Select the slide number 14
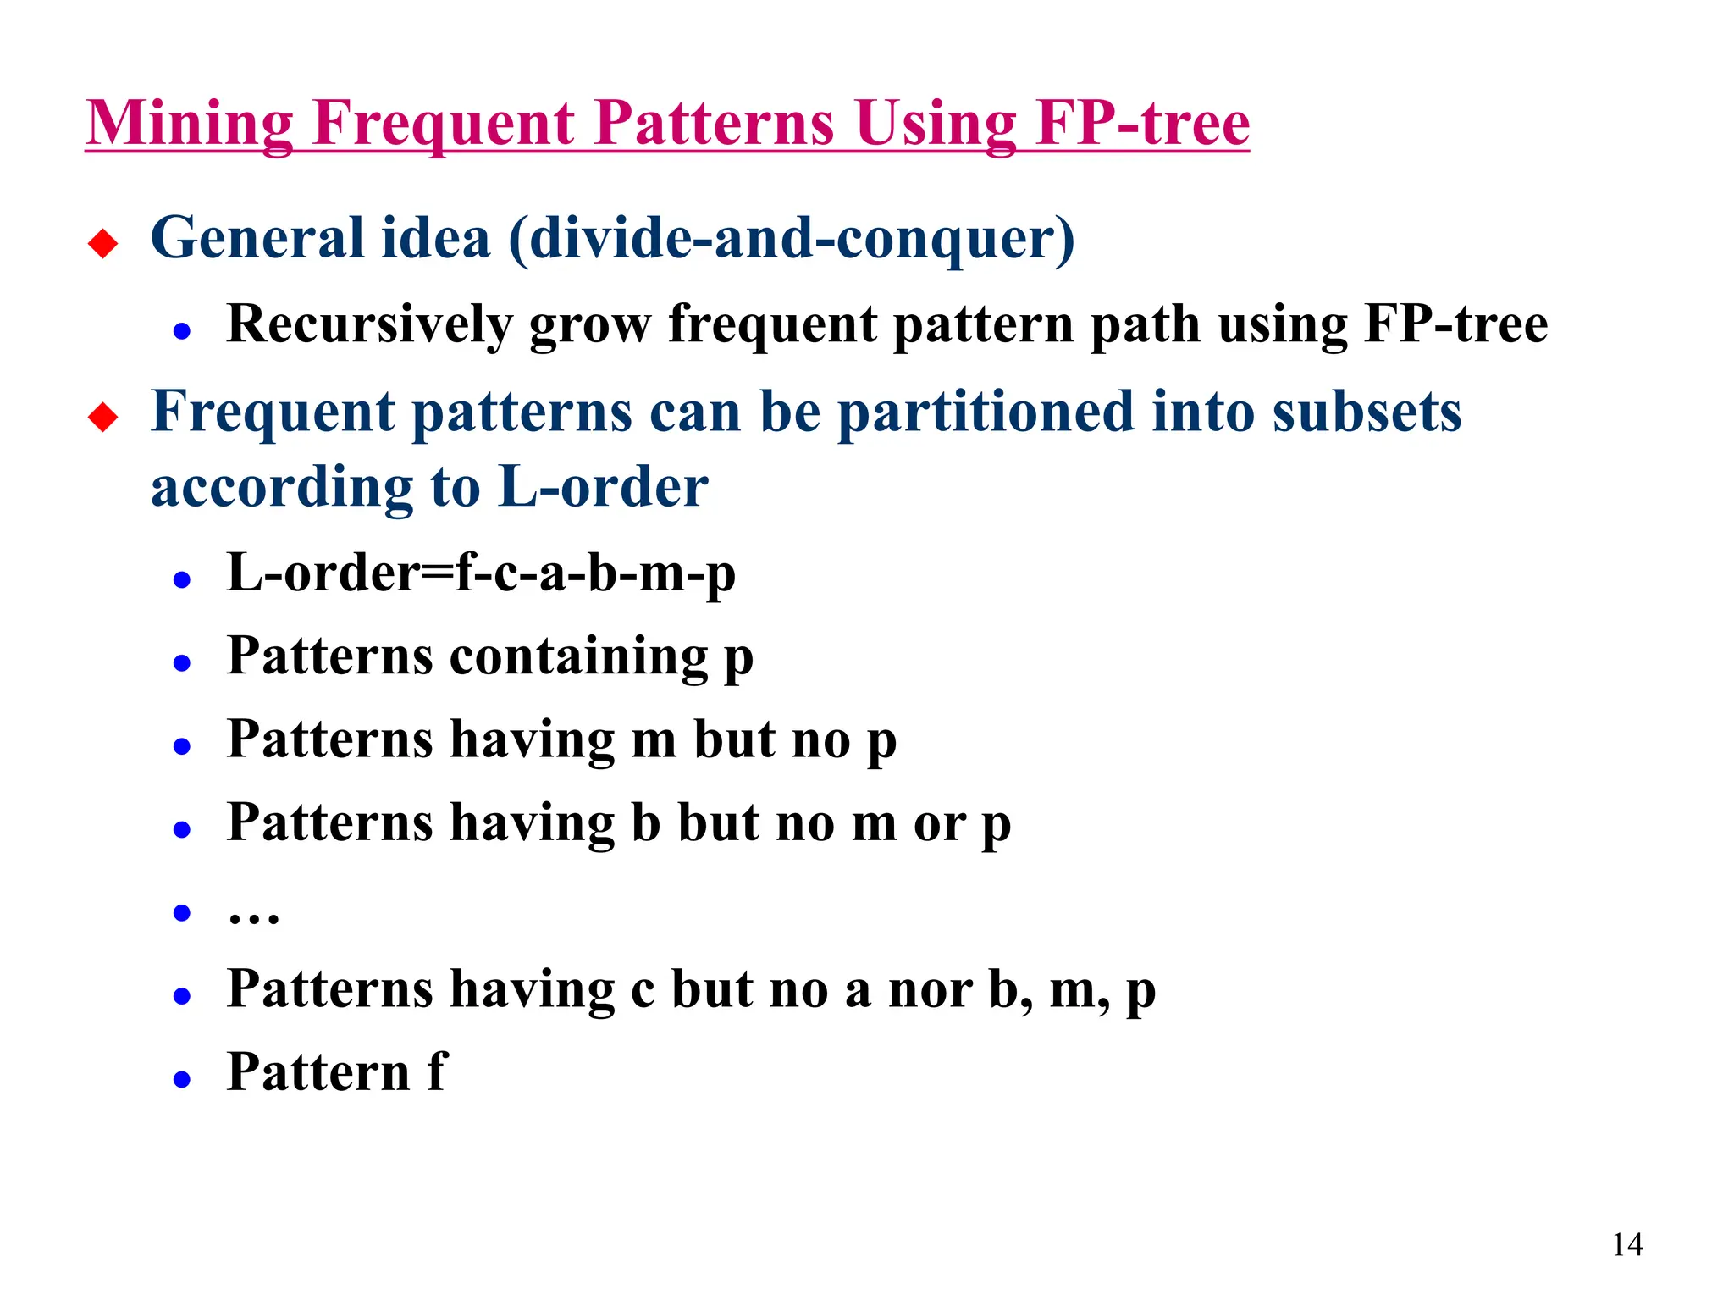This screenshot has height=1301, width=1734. click(x=1627, y=1245)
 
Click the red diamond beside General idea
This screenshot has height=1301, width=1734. click(x=103, y=244)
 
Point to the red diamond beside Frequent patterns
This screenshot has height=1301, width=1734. click(x=103, y=418)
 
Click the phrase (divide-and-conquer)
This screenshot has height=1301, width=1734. click(x=792, y=239)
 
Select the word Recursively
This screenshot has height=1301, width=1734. click(x=370, y=325)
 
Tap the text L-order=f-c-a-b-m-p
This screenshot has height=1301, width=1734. click(x=481, y=573)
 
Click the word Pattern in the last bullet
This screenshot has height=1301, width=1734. click(x=318, y=1072)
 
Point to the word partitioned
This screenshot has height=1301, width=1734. click(x=986, y=412)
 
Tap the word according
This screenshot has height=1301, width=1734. click(x=282, y=489)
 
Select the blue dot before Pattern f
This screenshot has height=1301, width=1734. click(x=181, y=1079)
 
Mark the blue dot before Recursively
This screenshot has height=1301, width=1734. click(x=181, y=331)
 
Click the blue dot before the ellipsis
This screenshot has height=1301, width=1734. click(x=181, y=912)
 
